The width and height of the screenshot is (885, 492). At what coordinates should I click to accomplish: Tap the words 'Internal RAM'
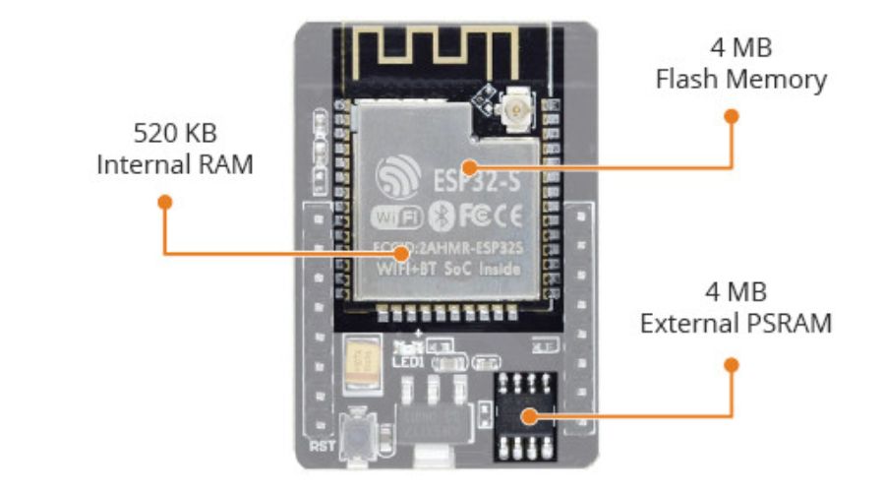pos(174,163)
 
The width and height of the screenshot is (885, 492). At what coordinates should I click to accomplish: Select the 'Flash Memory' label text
pos(740,80)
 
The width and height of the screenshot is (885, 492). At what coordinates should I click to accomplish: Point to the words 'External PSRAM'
pos(736,323)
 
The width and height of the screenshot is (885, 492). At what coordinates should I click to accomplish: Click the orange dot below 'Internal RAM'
pos(165,201)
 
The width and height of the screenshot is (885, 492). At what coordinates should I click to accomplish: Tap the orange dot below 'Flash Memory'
pos(731,115)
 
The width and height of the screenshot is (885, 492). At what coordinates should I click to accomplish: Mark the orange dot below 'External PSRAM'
pos(731,364)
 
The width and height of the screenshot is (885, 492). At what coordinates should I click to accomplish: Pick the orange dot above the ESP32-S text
pos(471,166)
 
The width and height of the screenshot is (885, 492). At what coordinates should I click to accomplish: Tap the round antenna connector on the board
pos(512,103)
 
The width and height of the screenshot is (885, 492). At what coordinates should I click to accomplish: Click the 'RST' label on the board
pos(325,446)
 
